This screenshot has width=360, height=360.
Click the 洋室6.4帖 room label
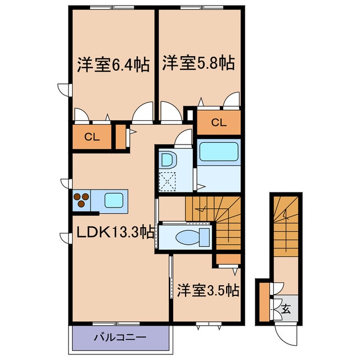pos(112,65)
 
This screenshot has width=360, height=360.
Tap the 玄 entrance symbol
pos(286,308)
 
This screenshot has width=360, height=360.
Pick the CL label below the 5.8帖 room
pos(218,123)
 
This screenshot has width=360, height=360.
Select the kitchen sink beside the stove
pos(115,200)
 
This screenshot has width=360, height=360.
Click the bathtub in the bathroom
pos(219,152)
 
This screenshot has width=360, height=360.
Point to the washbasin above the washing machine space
pos(167,159)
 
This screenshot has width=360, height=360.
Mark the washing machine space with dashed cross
pos(167,180)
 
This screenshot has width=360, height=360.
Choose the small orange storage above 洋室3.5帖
pos(228,259)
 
